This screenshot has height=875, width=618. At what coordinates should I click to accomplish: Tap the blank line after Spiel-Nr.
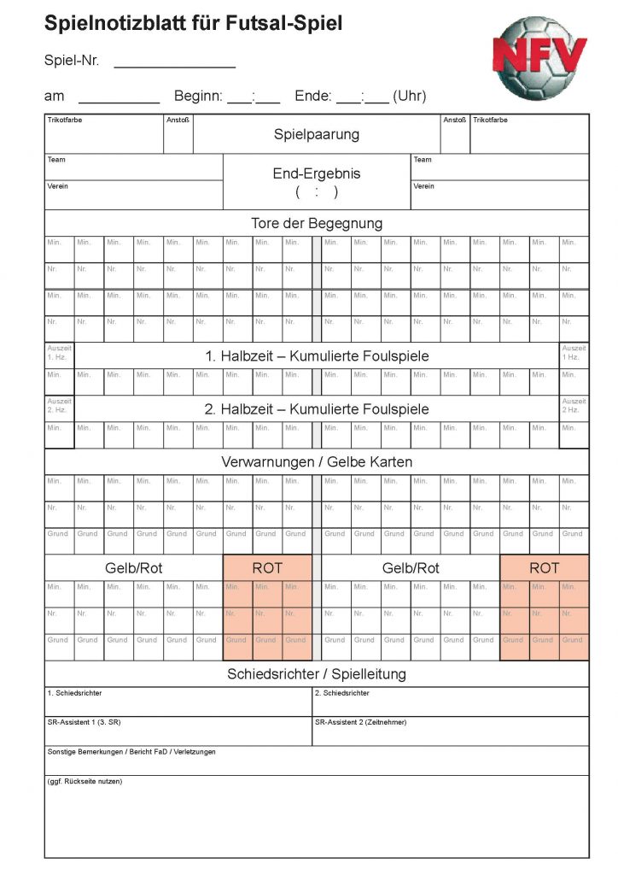(x=174, y=62)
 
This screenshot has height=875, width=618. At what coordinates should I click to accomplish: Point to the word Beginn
(x=198, y=97)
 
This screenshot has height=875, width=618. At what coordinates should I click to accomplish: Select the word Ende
(x=312, y=97)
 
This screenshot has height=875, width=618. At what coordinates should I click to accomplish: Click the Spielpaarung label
(x=317, y=134)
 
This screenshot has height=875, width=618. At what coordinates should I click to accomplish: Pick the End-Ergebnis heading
(x=317, y=173)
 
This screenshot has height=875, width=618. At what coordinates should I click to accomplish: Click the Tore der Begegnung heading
(x=317, y=223)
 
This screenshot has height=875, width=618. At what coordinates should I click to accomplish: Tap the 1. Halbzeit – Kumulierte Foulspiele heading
(x=317, y=355)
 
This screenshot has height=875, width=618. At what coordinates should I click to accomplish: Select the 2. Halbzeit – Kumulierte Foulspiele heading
(x=317, y=408)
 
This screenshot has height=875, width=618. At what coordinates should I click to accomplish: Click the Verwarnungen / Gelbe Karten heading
(x=317, y=461)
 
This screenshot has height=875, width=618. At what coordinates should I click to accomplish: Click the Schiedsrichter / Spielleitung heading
(x=317, y=673)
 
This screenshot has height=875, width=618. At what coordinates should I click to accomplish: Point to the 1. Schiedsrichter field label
(x=75, y=693)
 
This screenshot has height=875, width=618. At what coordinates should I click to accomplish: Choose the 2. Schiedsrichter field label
(x=342, y=693)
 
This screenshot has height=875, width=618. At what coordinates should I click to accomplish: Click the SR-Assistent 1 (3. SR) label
(x=84, y=722)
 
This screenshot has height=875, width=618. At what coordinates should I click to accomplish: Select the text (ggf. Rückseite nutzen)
(x=85, y=781)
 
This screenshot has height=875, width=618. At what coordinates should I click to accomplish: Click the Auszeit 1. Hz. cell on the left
(x=60, y=352)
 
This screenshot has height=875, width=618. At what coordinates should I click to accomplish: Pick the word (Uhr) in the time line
(x=410, y=97)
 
